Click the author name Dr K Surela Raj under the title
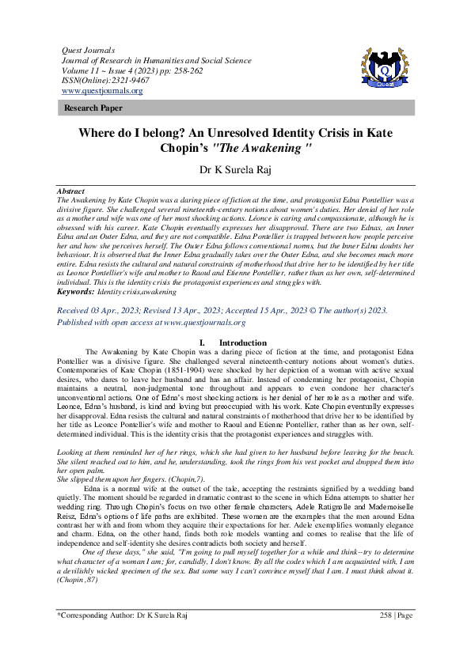(x=235, y=168)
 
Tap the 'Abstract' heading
(x=72, y=191)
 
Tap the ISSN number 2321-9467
(x=116, y=81)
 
